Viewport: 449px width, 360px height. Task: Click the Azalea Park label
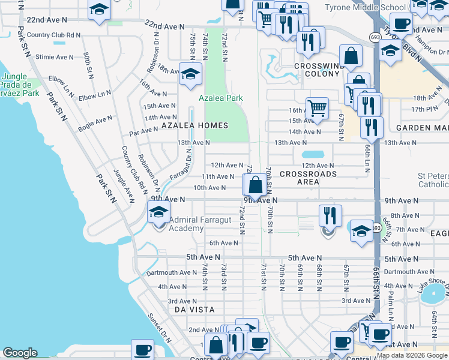[221, 97]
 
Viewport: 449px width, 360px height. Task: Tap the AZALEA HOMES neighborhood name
[194, 125]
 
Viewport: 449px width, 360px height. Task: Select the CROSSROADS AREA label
[308, 178]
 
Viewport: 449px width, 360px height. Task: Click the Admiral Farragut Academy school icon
[158, 212]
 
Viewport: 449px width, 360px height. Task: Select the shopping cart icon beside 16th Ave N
[317, 109]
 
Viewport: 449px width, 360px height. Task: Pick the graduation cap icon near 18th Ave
[190, 74]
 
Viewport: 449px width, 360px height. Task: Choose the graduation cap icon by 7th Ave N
[361, 231]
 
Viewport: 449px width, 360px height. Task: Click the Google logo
[20, 353]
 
